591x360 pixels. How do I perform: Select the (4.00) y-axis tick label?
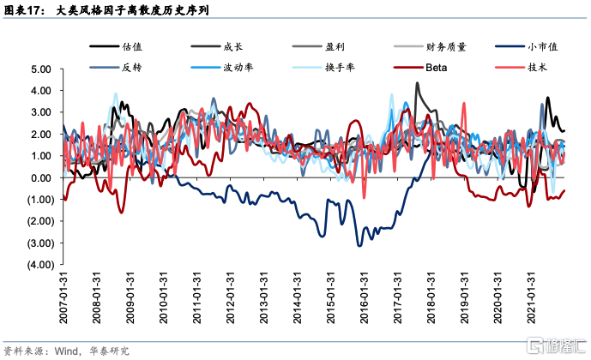click(x=39, y=265)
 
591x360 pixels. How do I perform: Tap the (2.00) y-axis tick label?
click(x=39, y=221)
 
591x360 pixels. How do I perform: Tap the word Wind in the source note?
click(x=68, y=350)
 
